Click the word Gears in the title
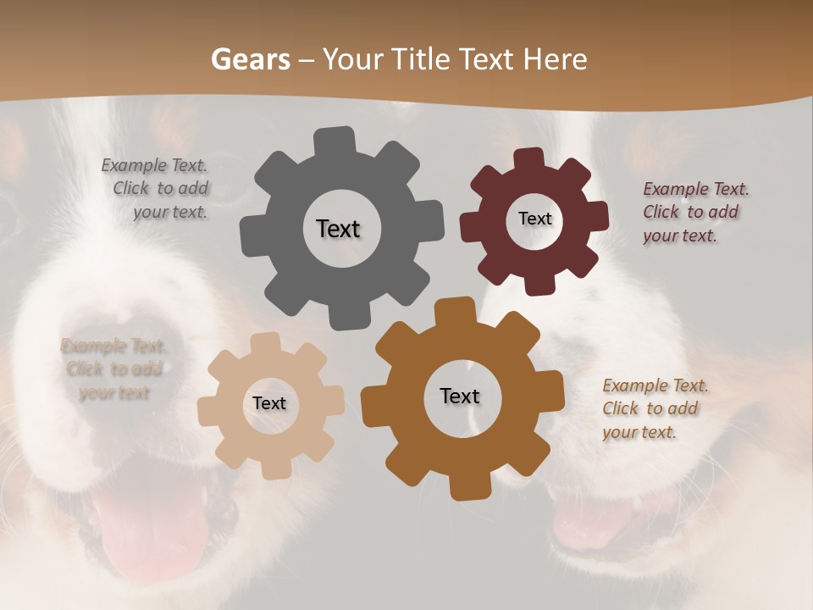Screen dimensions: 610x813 (x=249, y=59)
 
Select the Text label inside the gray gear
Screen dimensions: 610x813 (x=338, y=229)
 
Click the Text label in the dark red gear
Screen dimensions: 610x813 (x=534, y=219)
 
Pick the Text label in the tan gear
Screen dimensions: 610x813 (x=269, y=404)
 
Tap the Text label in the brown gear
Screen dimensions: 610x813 (x=460, y=396)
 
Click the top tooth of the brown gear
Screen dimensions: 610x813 (x=456, y=310)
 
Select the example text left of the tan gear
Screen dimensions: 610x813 (x=113, y=369)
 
